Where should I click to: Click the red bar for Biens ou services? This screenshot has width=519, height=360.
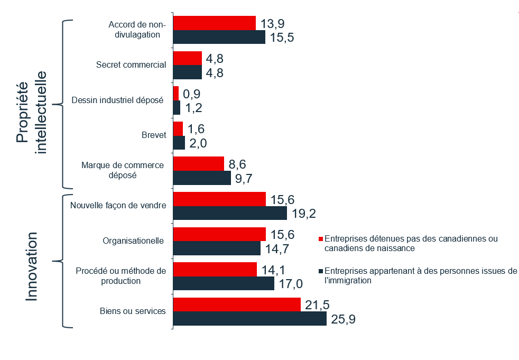coord(237,304)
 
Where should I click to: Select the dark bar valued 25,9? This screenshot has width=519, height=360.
coord(249,319)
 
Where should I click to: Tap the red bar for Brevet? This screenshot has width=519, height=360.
coord(178,128)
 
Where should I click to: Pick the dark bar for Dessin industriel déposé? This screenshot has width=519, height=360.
coord(177,107)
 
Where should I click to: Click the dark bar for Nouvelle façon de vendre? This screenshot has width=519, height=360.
coord(230,213)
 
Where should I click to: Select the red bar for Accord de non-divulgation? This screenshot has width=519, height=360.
coord(214,23)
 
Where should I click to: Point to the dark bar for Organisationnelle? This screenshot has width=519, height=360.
coord(217,248)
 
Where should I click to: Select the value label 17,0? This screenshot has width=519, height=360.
coord(291,284)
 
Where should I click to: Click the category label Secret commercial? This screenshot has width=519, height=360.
coord(131,65)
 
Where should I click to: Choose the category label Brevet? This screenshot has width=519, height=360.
coord(155,135)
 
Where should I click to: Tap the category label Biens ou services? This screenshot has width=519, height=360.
coord(133,311)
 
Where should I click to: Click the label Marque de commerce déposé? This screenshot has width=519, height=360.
coord(123,170)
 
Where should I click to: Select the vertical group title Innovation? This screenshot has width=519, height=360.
coord(32,266)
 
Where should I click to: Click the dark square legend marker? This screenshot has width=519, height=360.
coord(320,272)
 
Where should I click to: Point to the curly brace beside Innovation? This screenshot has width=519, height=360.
coord(59,261)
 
